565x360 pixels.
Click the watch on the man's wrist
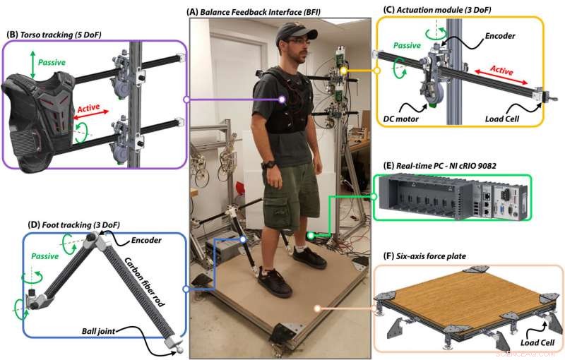268,164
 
